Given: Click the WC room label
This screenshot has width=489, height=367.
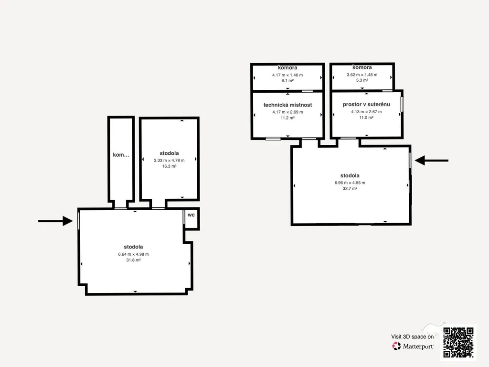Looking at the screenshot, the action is coord(191,215).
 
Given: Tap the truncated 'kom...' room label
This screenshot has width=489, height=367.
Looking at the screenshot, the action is coord(121,155).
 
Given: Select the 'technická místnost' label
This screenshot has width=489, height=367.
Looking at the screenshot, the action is coord(287,105).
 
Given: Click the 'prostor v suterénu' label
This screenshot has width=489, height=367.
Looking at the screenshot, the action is coord(366,104).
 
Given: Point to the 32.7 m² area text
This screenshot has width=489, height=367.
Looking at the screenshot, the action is coord(350,188).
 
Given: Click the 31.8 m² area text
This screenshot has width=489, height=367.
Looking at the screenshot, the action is coord(134,260).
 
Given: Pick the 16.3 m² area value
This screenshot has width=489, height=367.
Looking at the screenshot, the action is coord(170,166).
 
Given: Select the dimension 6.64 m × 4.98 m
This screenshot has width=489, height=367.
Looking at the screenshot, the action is coord(134,254).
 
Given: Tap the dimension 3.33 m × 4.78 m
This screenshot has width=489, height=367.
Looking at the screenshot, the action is coord(170,161).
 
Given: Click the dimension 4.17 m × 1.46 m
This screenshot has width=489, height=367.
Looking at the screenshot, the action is coord(287,75).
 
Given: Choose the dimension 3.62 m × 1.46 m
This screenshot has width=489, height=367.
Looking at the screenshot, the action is coord(362,75).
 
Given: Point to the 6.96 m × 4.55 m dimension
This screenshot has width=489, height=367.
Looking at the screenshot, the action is coord(350,183).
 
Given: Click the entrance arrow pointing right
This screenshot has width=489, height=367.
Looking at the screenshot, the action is coord(55,221).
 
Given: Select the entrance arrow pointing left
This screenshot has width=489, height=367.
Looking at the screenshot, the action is coord(432,161).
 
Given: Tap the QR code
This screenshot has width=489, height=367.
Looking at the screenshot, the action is coord(458,342).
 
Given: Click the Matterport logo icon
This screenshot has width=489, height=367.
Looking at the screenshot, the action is coord(396,346).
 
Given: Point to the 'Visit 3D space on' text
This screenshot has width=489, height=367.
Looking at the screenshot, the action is coord(412,337).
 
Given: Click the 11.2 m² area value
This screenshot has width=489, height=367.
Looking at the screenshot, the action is coord(287,118).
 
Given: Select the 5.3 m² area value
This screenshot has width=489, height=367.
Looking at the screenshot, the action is coord(362,80).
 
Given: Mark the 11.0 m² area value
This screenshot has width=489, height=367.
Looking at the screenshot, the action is coord(366,118).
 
